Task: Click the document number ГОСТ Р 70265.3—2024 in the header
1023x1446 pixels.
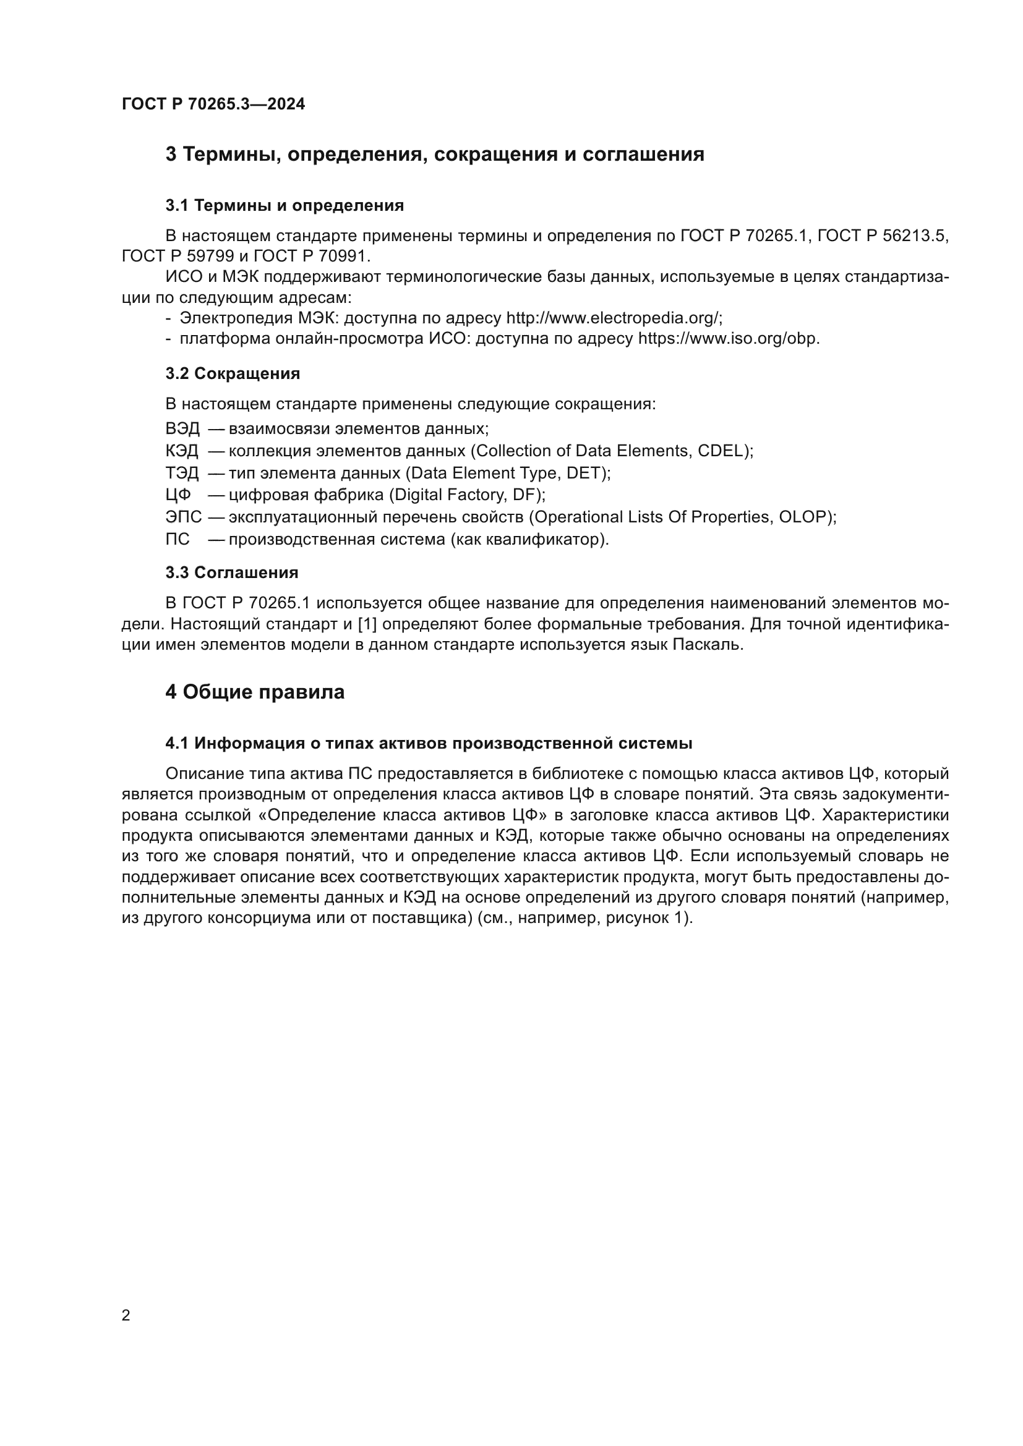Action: pos(213,104)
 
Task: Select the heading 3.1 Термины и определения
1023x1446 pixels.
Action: pos(285,205)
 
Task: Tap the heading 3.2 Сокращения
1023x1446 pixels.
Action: pos(233,373)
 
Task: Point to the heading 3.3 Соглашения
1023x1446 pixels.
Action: pos(232,572)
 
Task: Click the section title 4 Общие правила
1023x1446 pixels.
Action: pos(254,692)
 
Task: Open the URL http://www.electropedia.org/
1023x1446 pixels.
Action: pos(612,318)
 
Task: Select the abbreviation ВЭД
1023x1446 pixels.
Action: pos(182,429)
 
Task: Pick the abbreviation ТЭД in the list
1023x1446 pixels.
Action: pos(181,473)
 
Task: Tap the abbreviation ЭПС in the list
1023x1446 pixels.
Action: pos(183,517)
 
